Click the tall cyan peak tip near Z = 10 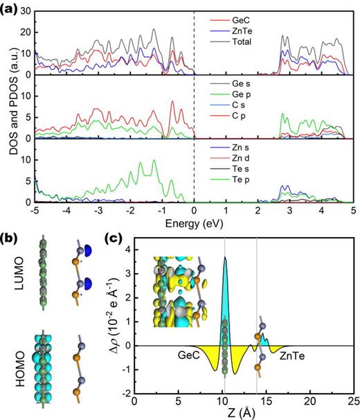point(224,257)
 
